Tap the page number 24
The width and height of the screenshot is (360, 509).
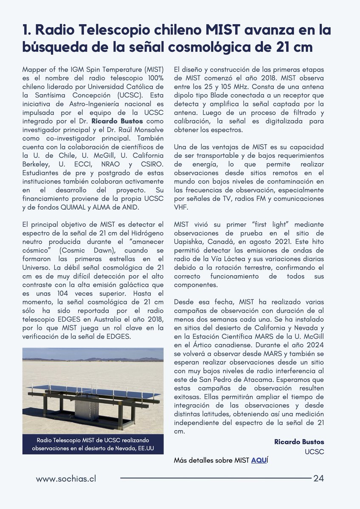pos(318,478)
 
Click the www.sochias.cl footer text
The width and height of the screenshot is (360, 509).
pos(66,478)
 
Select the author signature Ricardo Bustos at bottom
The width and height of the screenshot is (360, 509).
pos(299,442)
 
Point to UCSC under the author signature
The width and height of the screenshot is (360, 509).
pos(314,452)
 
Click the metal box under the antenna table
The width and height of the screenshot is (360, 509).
pos(87,408)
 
